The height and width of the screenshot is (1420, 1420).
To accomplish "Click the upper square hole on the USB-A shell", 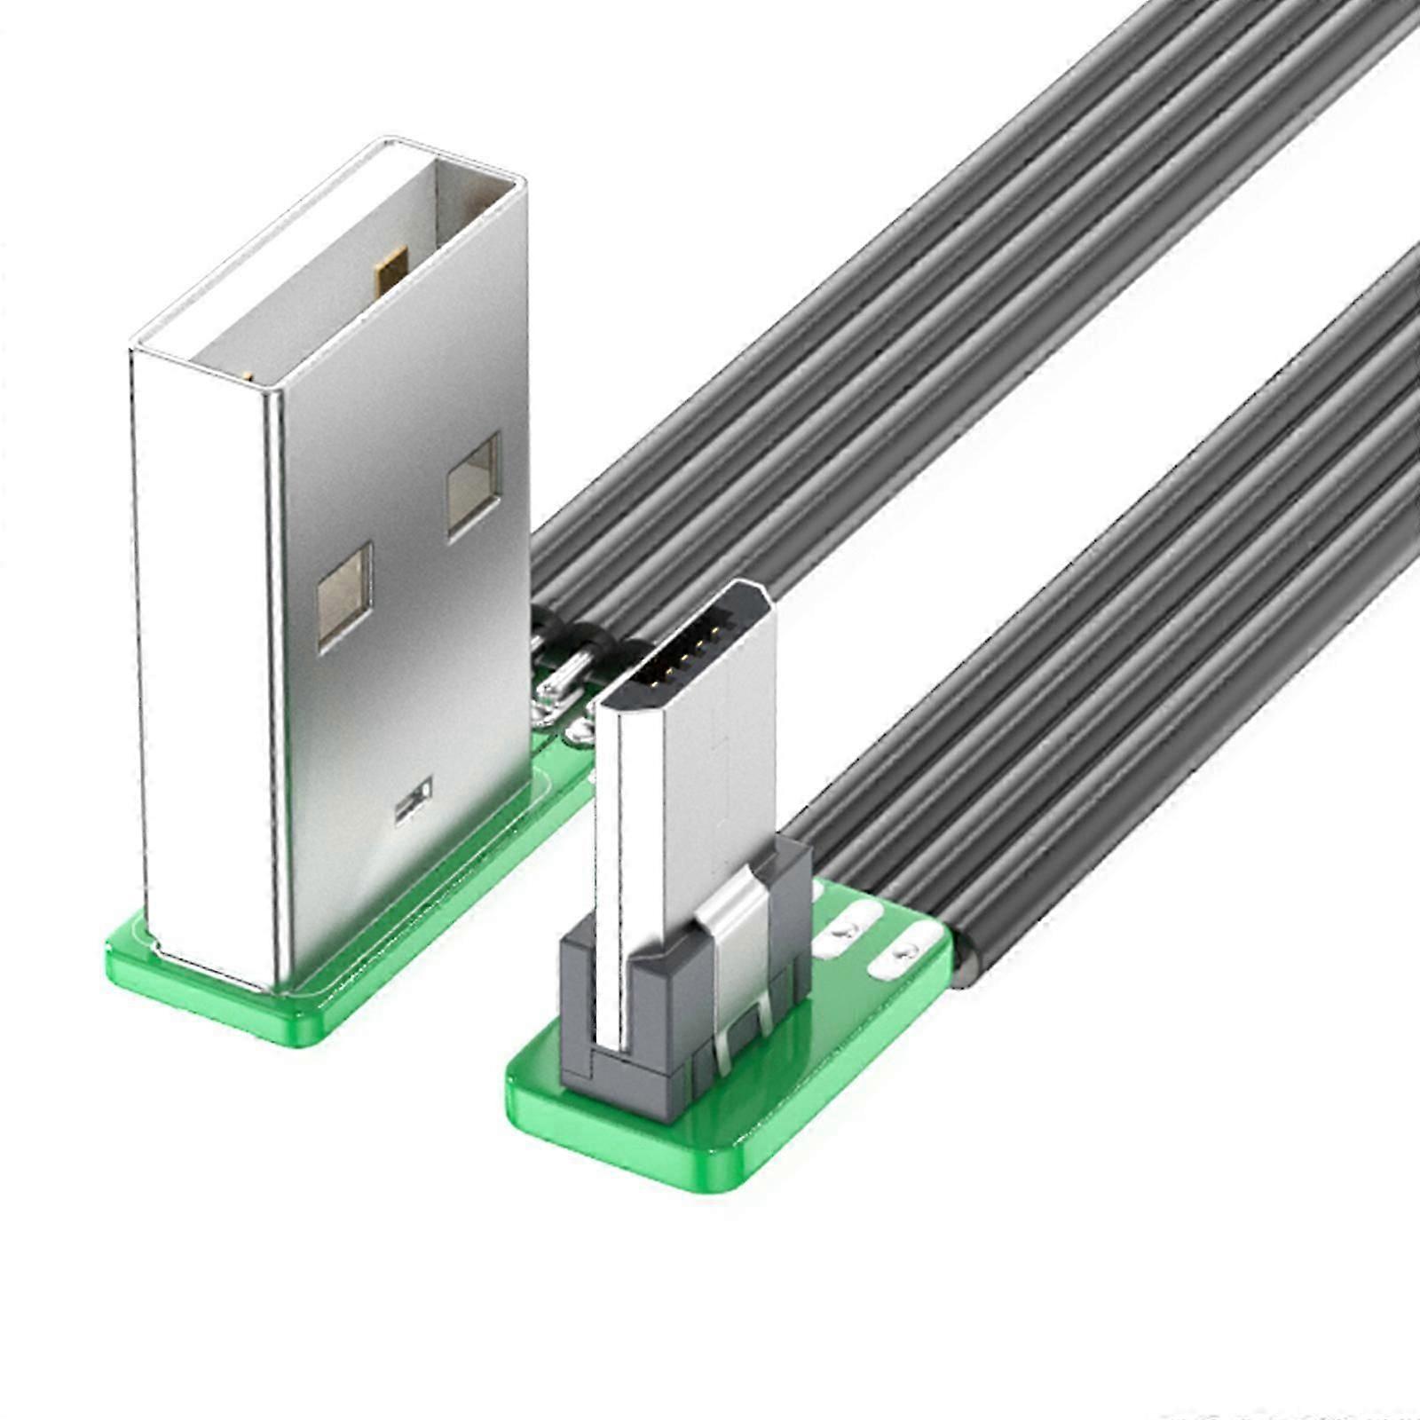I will (x=474, y=485).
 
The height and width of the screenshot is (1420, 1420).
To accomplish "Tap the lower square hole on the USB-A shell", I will (x=343, y=595).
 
